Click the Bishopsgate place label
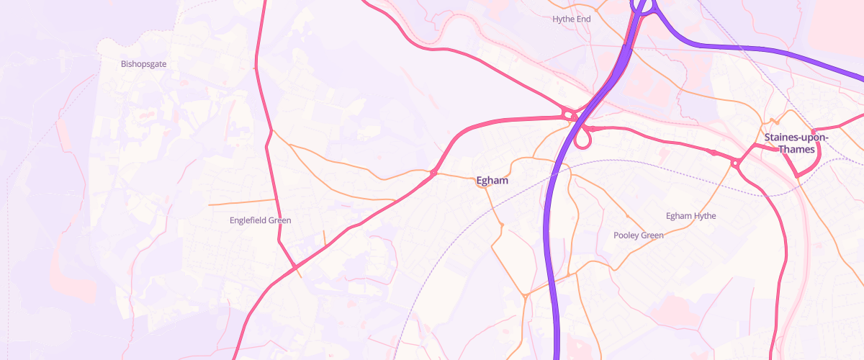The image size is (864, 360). tap(144, 64)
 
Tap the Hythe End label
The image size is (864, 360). tap(571, 19)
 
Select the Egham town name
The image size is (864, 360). tap(492, 181)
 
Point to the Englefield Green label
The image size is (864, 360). tap(260, 220)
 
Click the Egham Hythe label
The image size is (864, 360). tap(691, 216)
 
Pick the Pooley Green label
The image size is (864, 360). tap(638, 235)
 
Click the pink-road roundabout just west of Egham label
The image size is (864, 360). tap(433, 173)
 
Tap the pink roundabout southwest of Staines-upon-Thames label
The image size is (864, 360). tap(734, 164)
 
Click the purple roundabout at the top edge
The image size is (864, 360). tap(644, 6)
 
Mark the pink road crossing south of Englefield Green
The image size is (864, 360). tap(294, 269)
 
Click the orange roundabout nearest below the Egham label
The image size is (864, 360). tap(501, 226)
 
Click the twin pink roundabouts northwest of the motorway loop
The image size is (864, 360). tap(568, 114)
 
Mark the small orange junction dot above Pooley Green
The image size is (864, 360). tap(626, 216)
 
